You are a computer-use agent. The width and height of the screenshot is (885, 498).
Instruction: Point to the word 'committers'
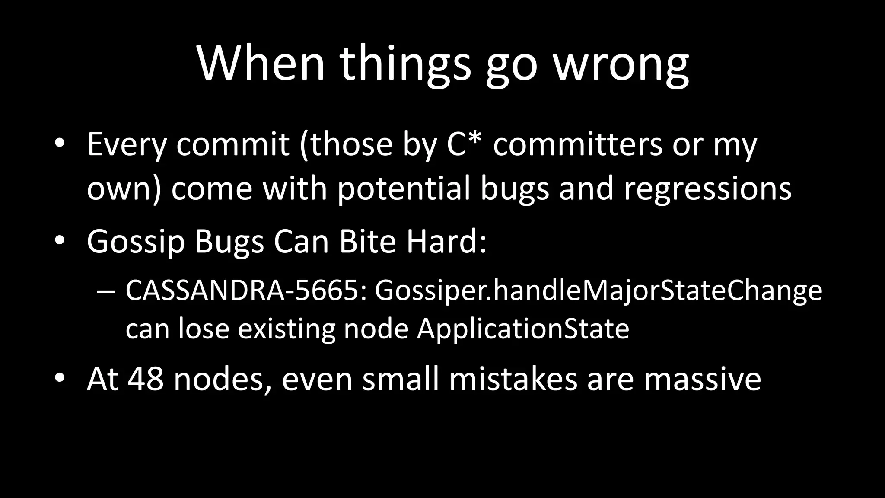(x=577, y=144)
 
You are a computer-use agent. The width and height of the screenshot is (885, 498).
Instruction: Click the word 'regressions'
(x=707, y=189)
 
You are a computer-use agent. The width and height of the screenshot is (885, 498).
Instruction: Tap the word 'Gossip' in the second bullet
(x=136, y=242)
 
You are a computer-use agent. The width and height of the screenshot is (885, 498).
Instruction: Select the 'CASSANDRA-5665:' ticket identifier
(x=246, y=290)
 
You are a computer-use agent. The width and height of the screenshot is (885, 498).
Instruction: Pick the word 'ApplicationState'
(x=523, y=329)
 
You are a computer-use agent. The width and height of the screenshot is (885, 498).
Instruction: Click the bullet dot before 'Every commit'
(x=60, y=144)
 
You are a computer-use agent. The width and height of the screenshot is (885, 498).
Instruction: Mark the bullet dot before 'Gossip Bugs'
(x=60, y=241)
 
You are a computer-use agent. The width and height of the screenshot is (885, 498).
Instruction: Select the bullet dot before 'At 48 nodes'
(x=60, y=379)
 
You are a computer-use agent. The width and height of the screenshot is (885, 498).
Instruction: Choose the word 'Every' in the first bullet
(x=127, y=145)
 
